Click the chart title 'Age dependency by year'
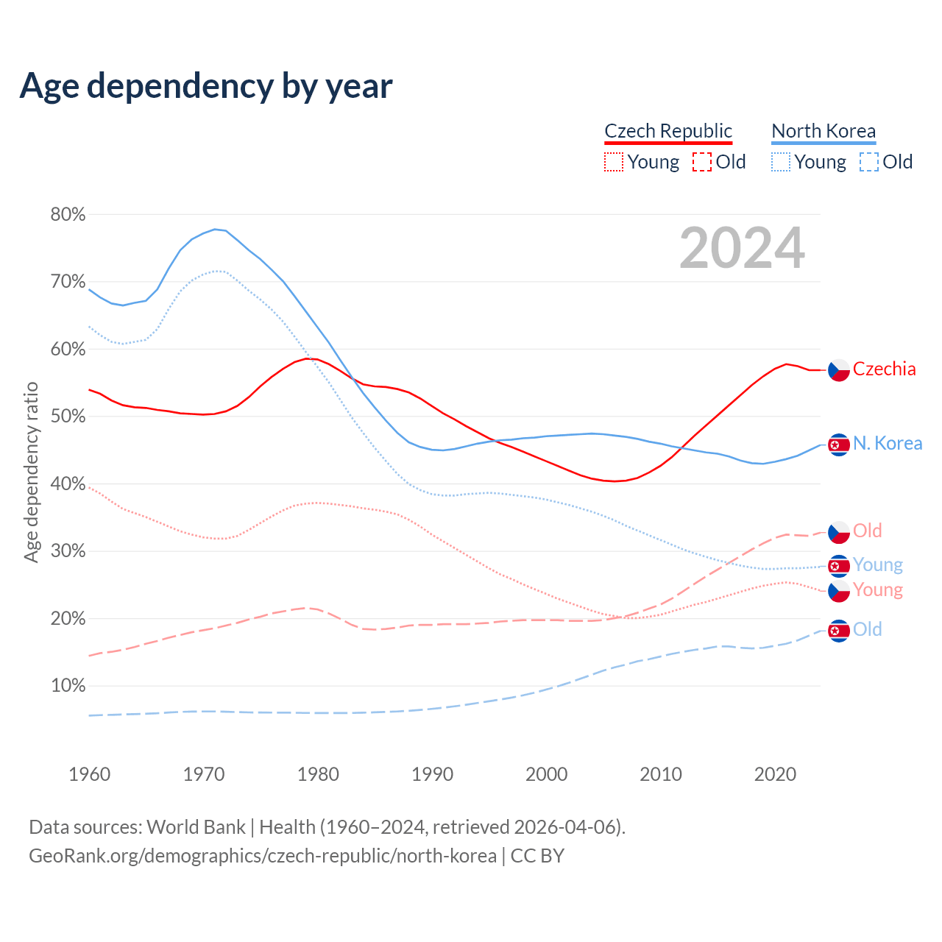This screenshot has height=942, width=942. [x=206, y=86]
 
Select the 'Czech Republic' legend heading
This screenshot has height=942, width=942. [x=668, y=131]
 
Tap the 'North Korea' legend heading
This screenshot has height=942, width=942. [x=824, y=131]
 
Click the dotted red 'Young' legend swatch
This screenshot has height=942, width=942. [x=613, y=162]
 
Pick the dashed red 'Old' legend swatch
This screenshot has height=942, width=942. [x=702, y=162]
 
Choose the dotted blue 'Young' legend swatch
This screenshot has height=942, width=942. [x=781, y=162]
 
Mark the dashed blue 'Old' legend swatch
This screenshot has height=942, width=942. [x=869, y=162]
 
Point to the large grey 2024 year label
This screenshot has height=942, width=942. [x=742, y=248]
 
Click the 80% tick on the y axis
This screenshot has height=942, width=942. [x=68, y=215]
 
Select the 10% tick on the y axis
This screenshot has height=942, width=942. [x=68, y=686]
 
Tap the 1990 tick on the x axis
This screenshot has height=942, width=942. [x=433, y=774]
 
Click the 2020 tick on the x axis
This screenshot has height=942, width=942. [x=775, y=774]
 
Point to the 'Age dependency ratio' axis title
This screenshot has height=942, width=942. [x=31, y=472]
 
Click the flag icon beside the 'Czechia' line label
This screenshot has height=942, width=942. [x=839, y=370]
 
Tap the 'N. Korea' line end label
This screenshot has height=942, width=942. [x=888, y=444]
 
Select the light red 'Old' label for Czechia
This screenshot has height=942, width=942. [x=867, y=531]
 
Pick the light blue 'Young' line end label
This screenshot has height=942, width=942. [x=877, y=565]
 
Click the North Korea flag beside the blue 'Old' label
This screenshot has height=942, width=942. [x=839, y=631]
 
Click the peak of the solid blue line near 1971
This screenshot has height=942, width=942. [x=214, y=229]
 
